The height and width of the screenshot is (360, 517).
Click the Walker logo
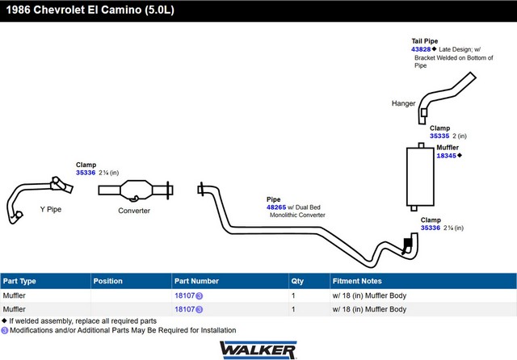click(x=258, y=350)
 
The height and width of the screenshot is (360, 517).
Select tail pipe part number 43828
click(x=421, y=49)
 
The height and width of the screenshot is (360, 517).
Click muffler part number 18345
click(x=446, y=156)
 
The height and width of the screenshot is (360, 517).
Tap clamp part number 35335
click(x=439, y=136)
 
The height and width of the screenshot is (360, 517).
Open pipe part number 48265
click(x=276, y=207)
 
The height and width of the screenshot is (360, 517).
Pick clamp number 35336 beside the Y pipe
click(x=86, y=173)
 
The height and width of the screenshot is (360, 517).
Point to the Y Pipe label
click(x=51, y=210)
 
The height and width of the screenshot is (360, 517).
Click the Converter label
click(x=134, y=211)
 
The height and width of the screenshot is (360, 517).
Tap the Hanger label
click(x=403, y=103)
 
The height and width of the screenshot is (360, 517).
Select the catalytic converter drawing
click(x=136, y=190)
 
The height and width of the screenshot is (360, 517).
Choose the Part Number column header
click(x=196, y=281)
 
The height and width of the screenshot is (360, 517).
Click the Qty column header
click(x=297, y=281)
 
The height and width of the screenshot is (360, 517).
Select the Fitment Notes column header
click(x=357, y=281)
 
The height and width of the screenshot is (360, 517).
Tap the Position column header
click(x=107, y=281)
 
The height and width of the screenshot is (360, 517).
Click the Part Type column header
click(x=19, y=281)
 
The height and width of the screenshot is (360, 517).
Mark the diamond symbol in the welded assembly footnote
click(x=4, y=320)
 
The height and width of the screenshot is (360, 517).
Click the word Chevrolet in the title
click(x=59, y=10)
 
